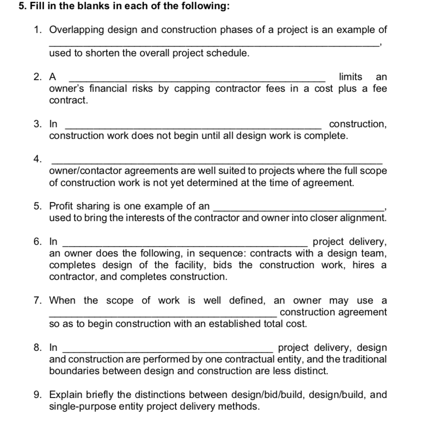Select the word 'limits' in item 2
pos(351,77)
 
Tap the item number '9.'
pos(38,395)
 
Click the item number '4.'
pos(38,159)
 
